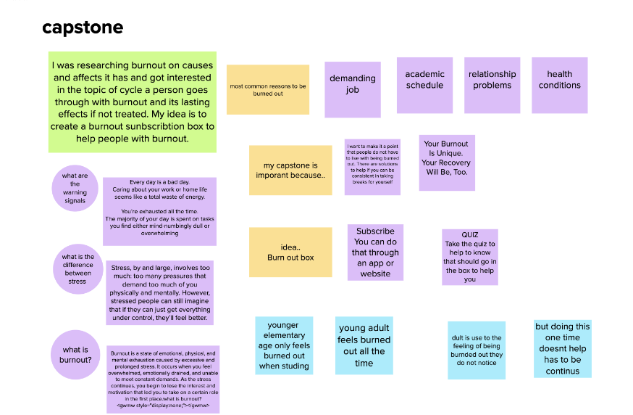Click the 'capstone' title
(x=83, y=28)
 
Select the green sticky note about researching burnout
(x=133, y=102)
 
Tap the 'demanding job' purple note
(x=353, y=89)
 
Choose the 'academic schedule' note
(x=424, y=85)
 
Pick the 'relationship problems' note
(x=492, y=85)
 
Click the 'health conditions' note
(x=559, y=85)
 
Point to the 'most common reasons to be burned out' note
(x=268, y=90)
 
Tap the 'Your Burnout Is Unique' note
(x=446, y=163)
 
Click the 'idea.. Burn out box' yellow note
(x=290, y=252)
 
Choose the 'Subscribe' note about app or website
(x=375, y=252)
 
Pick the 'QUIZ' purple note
(x=469, y=257)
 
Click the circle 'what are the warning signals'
(x=75, y=188)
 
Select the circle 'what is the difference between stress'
(x=77, y=268)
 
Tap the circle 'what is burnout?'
(x=75, y=355)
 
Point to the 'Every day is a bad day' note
(x=159, y=211)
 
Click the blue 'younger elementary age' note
(x=284, y=345)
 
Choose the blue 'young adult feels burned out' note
(x=364, y=345)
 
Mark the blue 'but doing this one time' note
(x=563, y=348)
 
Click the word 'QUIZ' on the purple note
(x=469, y=235)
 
